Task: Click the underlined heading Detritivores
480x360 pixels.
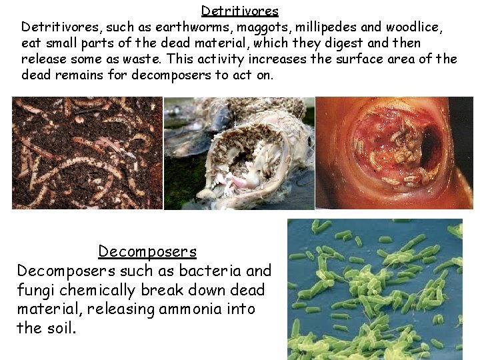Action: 239,11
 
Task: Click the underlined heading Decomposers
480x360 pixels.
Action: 147,251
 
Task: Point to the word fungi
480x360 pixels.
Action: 33,291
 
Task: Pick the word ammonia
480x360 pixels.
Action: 192,309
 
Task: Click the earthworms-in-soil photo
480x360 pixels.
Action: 87,153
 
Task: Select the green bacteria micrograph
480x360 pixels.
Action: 375,289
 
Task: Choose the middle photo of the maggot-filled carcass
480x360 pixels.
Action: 239,153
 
